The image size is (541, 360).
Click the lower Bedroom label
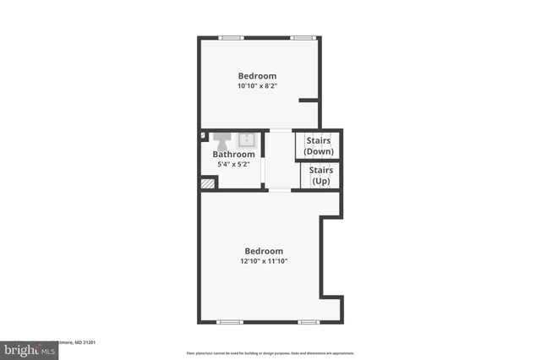point(264,250)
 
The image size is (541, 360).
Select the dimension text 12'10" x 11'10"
point(264,262)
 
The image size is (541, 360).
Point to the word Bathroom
point(233,155)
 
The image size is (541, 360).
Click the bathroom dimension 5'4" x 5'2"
point(233,165)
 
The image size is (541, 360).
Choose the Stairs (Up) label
point(321,175)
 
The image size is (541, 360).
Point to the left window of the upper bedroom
point(230,38)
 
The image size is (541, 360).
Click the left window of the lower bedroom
point(228,322)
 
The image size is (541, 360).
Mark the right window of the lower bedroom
point(308,322)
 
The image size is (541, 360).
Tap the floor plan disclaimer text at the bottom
point(270,353)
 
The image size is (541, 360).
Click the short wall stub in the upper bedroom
point(309,100)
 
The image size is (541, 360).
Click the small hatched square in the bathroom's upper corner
point(203,134)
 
